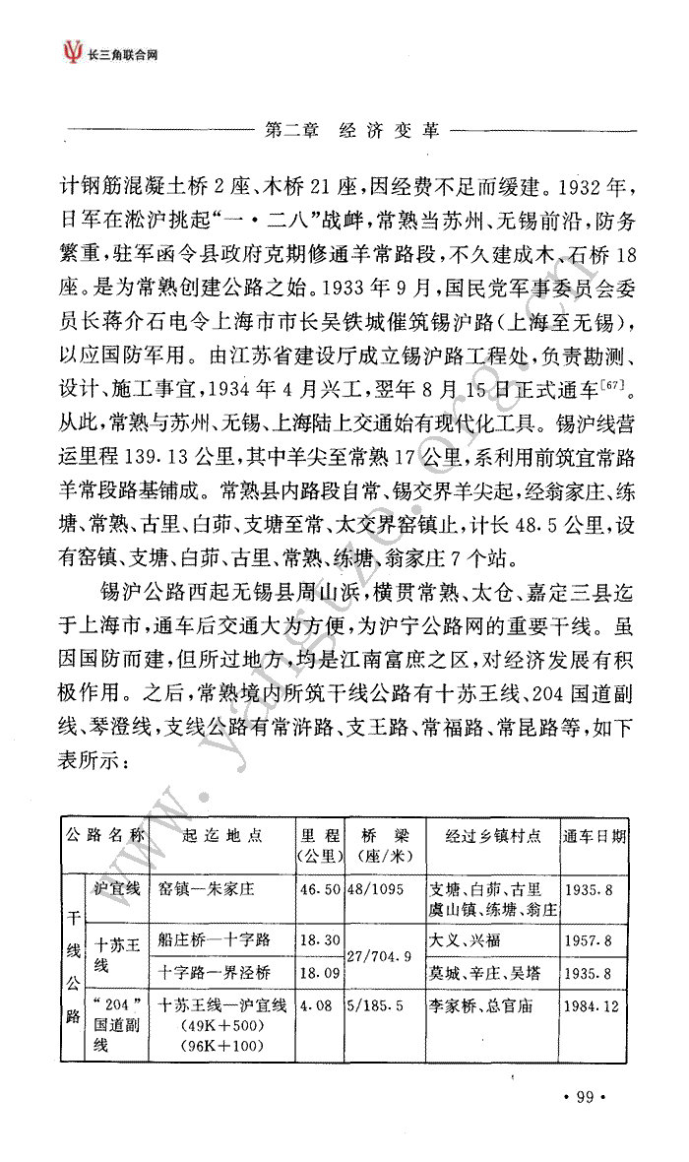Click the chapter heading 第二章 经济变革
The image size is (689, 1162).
point(352,130)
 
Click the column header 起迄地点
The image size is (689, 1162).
point(222,836)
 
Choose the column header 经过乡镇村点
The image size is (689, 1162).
point(493,837)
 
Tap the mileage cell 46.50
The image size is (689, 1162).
point(320,889)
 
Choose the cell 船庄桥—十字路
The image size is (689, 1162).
point(214,940)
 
